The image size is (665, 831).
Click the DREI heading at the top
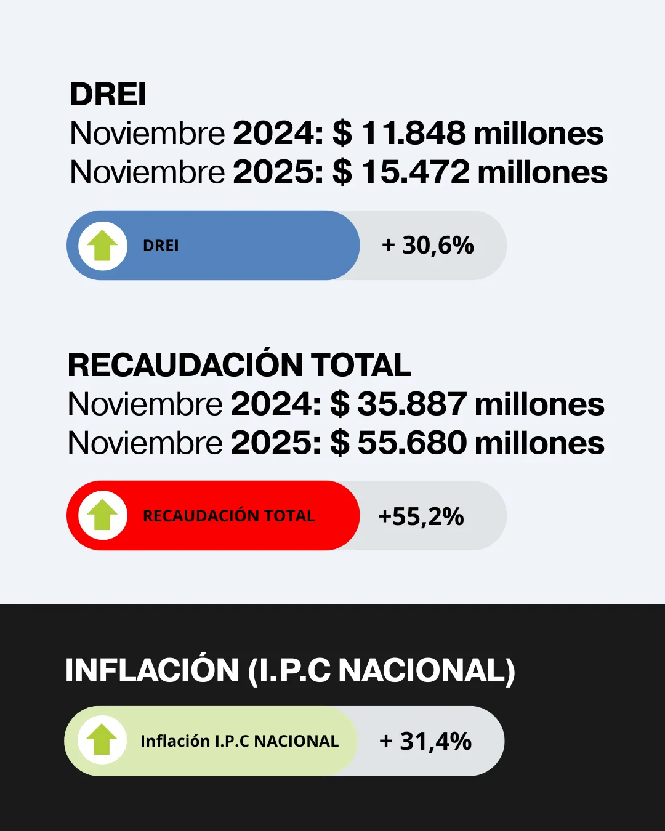108,95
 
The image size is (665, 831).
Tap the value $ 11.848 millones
468,134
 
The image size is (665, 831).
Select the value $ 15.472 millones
470,172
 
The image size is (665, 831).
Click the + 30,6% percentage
428,246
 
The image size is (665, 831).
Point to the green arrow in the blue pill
102,246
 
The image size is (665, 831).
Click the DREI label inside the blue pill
161,246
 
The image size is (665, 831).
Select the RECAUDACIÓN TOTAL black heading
239,365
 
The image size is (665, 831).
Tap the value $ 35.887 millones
467,404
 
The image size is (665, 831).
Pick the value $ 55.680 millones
467,443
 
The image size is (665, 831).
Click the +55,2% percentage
421,516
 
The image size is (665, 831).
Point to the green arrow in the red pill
102,516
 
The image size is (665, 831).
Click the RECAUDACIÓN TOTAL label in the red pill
228,516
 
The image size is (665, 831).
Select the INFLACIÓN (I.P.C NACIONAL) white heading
290,670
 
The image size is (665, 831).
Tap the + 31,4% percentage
425,741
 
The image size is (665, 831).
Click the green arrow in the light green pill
102,741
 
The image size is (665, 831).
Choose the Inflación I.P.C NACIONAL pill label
240,741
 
